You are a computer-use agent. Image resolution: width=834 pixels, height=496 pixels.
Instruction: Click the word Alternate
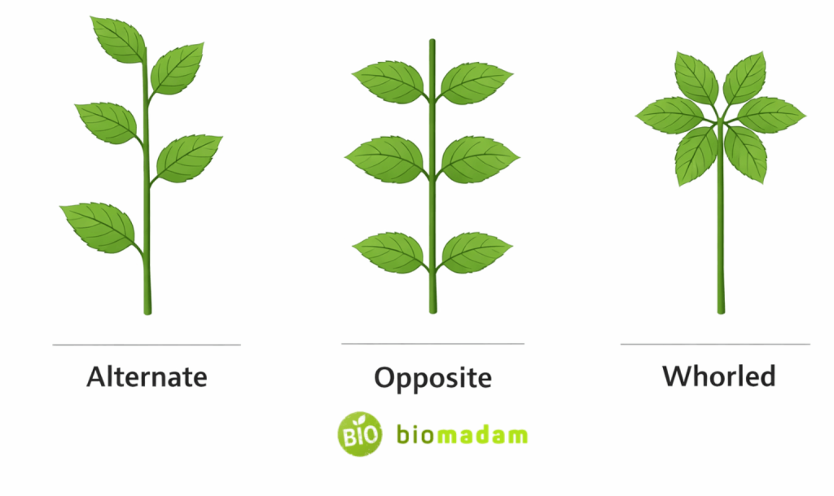tap(147, 377)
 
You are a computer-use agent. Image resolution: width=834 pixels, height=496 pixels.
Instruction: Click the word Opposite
tap(432, 378)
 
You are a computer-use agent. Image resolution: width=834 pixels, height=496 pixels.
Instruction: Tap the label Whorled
tap(718, 375)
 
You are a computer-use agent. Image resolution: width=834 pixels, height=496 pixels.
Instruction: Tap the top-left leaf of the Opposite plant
tap(388, 81)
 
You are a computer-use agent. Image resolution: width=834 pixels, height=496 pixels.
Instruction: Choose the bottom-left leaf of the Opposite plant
tap(389, 251)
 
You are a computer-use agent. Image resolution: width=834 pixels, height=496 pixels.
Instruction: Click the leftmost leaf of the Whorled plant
tap(669, 115)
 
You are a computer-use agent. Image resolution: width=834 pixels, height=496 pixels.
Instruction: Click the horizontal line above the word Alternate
tap(147, 345)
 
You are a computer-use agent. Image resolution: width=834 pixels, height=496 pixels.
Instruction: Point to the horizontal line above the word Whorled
tap(715, 344)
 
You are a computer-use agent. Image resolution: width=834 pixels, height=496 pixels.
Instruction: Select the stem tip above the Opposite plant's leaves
tap(432, 49)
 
